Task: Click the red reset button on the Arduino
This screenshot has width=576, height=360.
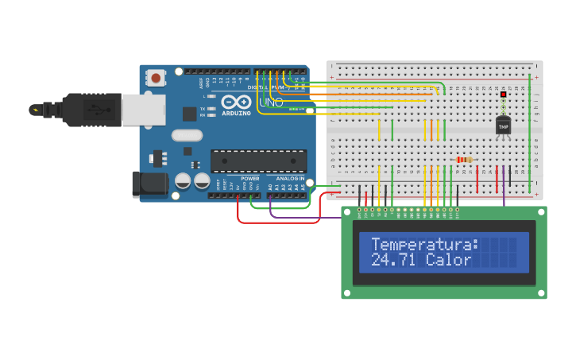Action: [157, 78]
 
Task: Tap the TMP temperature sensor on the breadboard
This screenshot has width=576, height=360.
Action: [503, 126]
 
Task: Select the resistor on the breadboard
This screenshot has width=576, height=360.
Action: [465, 160]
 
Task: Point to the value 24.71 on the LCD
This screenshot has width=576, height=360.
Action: [393, 261]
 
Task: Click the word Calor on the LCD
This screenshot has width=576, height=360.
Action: [448, 261]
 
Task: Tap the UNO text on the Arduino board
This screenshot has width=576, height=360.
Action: [271, 103]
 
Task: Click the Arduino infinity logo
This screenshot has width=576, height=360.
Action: [237, 102]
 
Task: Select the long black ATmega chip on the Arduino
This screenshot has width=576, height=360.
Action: [258, 161]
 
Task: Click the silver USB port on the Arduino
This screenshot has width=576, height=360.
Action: [143, 110]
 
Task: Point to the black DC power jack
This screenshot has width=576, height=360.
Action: [151, 184]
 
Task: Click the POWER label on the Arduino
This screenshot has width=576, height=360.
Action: [250, 179]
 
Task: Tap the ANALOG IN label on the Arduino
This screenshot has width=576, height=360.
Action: [290, 179]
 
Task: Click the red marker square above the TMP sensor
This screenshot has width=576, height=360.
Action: [503, 95]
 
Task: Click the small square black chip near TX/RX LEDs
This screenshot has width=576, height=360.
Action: [189, 114]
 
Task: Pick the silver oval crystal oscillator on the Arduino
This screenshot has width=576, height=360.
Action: [187, 135]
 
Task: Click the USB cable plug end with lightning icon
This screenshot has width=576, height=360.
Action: [37, 110]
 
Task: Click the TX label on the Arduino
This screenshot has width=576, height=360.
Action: [203, 108]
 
